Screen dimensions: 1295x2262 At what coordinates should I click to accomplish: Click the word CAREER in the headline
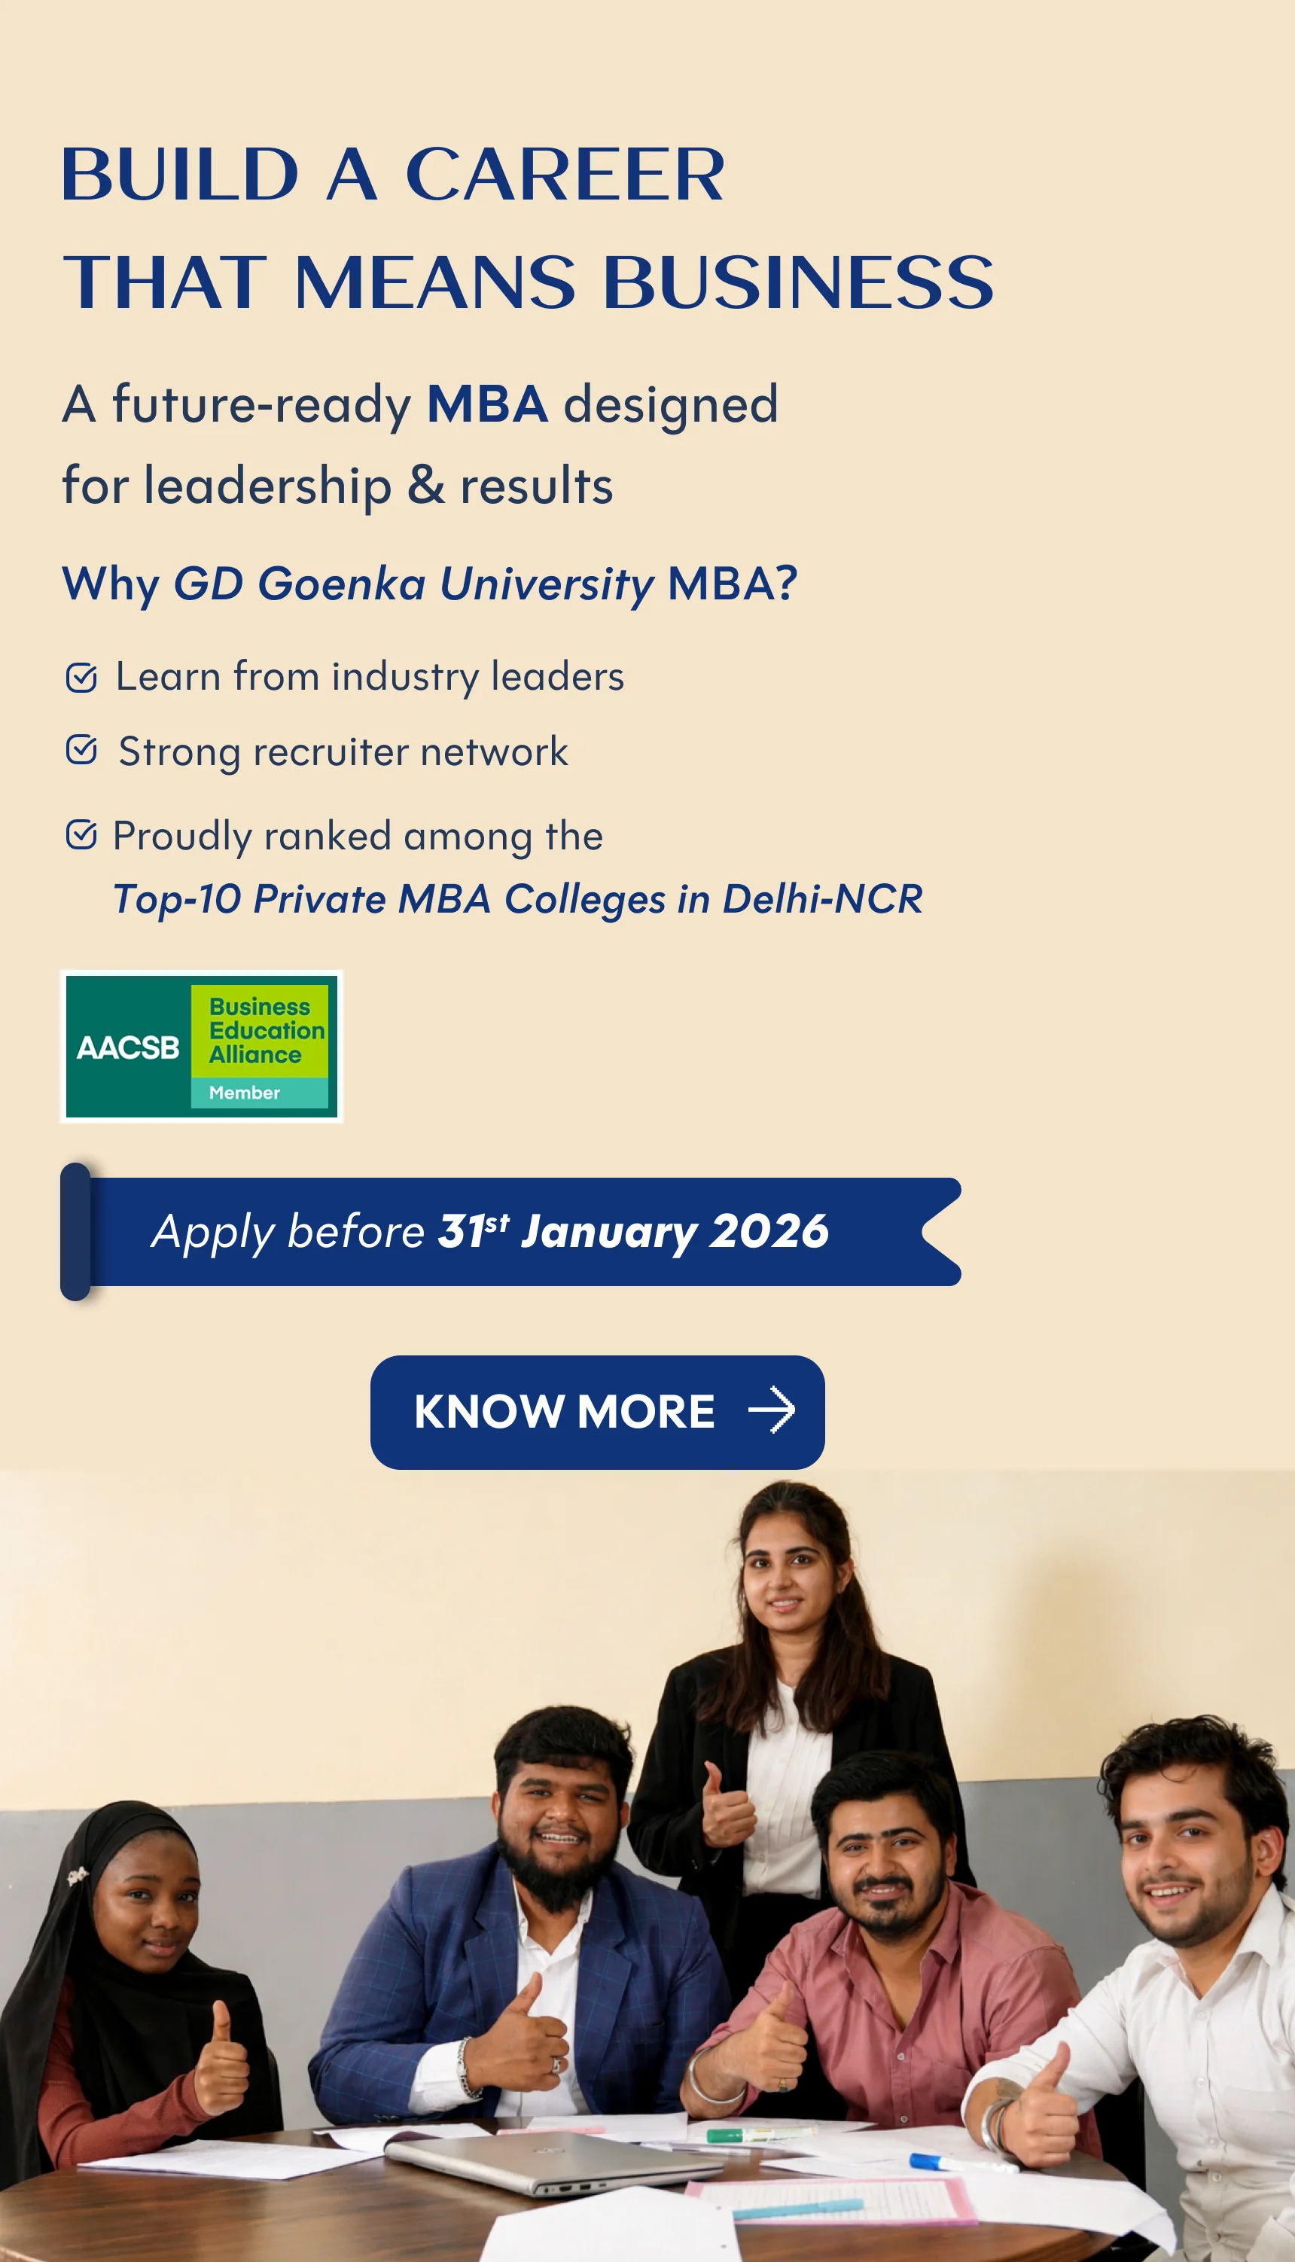(x=565, y=175)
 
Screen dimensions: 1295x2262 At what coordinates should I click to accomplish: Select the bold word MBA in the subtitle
(x=486, y=404)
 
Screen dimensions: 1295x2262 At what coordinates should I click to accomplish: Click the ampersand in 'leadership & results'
(x=426, y=485)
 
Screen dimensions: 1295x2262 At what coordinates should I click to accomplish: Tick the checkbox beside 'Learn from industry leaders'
(x=81, y=678)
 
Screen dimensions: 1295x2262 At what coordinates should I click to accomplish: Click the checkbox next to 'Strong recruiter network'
(x=81, y=750)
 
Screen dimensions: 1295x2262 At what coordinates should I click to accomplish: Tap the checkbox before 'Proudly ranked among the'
(x=81, y=835)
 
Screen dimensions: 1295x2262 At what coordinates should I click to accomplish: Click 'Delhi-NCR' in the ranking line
(x=823, y=898)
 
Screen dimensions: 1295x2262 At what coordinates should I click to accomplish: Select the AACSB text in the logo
(x=128, y=1048)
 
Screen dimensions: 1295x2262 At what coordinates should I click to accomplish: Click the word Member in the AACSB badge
(x=245, y=1093)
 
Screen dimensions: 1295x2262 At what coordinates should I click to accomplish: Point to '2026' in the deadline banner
(x=769, y=1232)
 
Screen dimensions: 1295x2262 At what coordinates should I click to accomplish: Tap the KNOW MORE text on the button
(x=564, y=1412)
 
